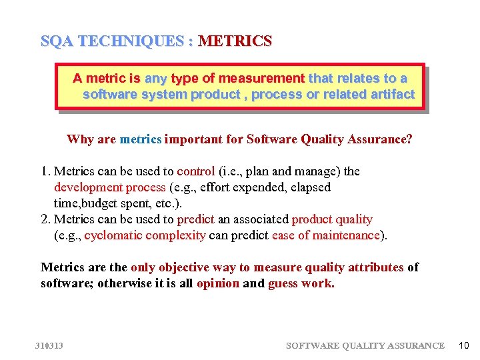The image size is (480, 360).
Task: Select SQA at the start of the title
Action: tap(57, 41)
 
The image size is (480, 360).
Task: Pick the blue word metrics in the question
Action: tap(140, 139)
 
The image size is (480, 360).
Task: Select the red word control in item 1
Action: tap(195, 171)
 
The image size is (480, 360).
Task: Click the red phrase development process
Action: tap(111, 187)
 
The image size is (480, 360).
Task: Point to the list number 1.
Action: tap(45, 171)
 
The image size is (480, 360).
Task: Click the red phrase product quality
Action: tap(332, 219)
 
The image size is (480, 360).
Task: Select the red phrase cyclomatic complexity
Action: tap(145, 235)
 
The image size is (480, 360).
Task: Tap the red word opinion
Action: tap(218, 283)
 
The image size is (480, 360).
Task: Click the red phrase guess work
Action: tap(301, 283)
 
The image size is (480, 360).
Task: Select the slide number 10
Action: tap(464, 345)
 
